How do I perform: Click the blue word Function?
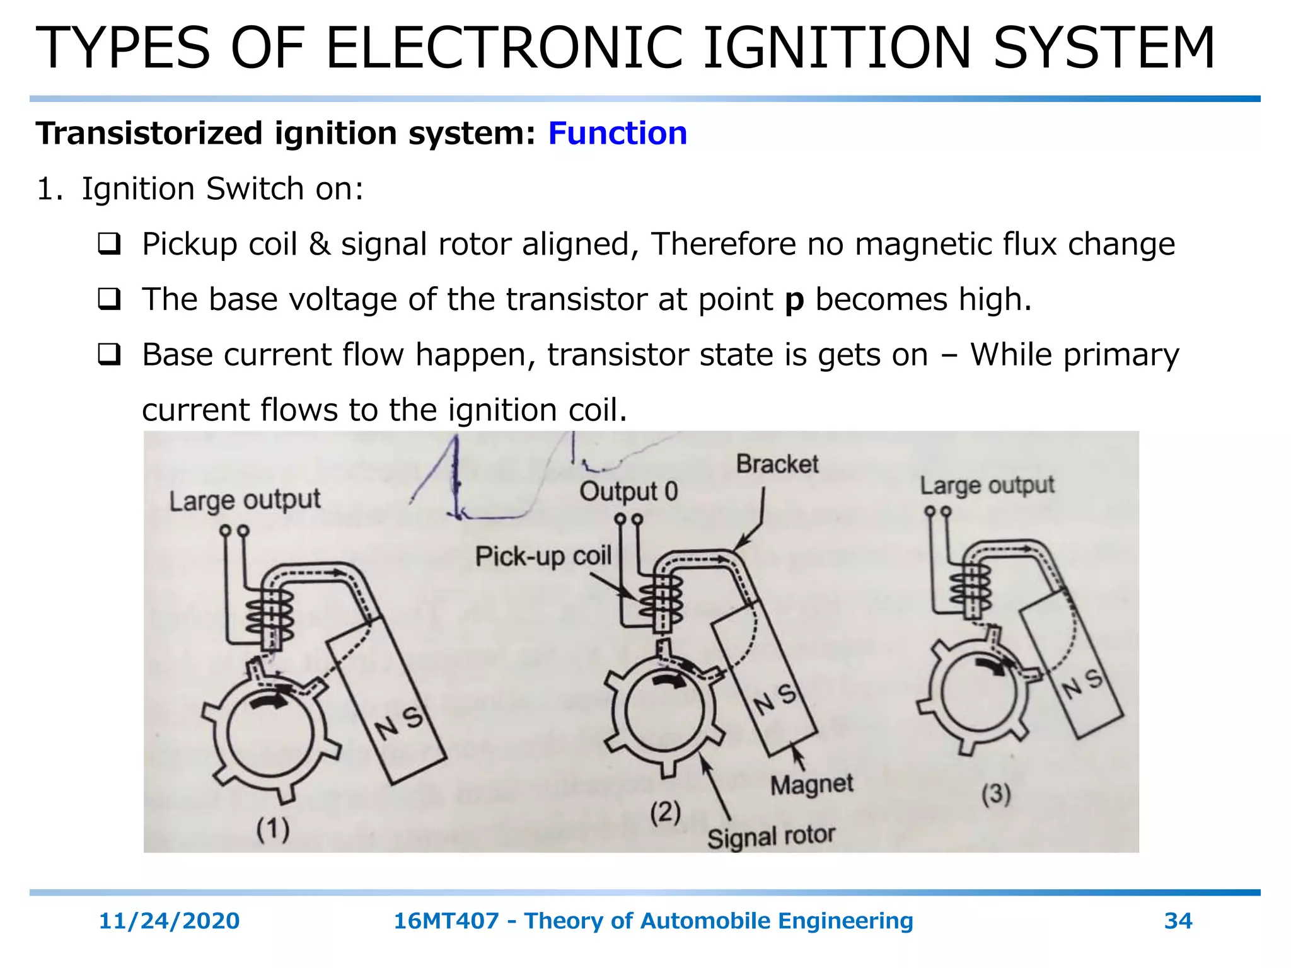coord(617,134)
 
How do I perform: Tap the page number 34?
coord(1178,921)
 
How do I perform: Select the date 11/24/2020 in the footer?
coord(169,921)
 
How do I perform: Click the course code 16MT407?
coord(446,921)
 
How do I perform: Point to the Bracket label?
coord(777,464)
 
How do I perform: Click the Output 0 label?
coord(628,492)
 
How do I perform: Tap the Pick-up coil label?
coord(543,556)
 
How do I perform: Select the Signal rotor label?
coord(770,837)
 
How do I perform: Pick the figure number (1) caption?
coord(272,829)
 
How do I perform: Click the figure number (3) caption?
coord(995,793)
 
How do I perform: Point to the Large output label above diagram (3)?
coord(987,485)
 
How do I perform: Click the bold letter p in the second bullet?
coord(794,301)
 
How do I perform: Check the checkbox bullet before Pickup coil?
coord(109,244)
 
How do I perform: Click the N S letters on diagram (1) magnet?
coord(398,722)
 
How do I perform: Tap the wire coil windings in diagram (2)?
coord(661,599)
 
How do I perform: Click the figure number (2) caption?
coord(665,812)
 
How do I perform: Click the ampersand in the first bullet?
coord(320,244)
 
